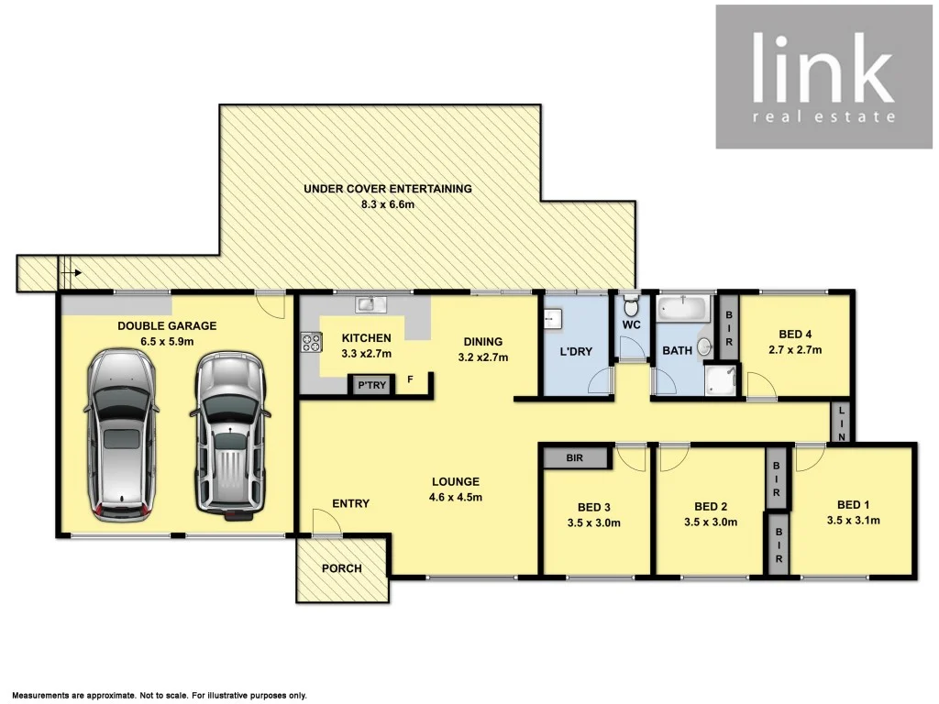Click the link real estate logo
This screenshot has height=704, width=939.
822,77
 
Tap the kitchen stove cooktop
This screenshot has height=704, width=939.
310,343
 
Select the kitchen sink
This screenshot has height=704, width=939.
371,303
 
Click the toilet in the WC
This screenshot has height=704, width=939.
630,306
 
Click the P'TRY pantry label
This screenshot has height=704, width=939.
371,386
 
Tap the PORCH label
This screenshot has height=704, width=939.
341,568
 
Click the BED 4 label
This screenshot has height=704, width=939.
794,335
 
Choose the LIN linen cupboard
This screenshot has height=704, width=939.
842,423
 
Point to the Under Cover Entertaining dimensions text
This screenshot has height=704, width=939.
388,204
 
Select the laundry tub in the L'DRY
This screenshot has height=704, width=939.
553,318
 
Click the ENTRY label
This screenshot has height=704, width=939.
350,503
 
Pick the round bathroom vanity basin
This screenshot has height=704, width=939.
704,346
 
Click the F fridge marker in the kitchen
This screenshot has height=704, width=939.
410,379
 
